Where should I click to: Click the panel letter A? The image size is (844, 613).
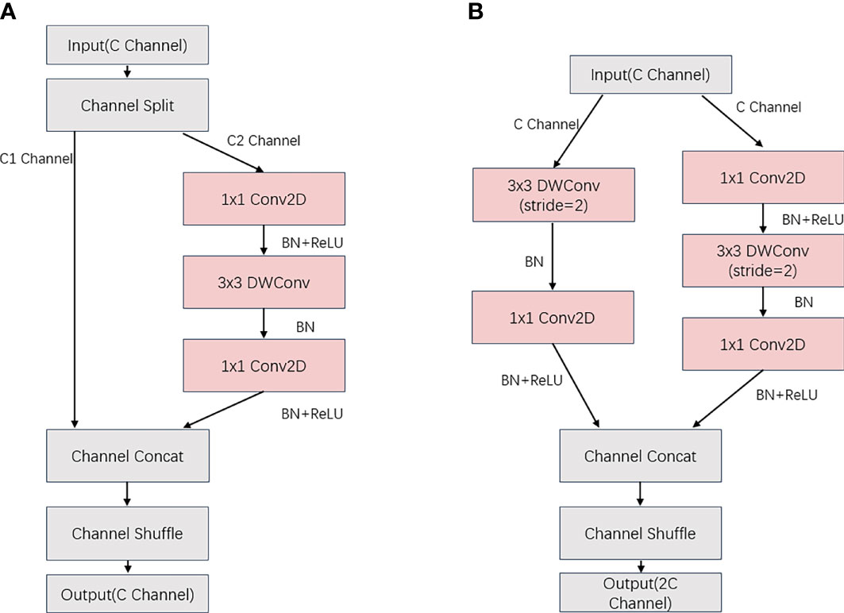click(8, 10)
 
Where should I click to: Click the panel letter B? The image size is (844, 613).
click(476, 11)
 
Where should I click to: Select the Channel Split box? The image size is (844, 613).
click(128, 105)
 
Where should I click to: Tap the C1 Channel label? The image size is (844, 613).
click(36, 159)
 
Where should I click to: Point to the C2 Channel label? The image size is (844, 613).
click(264, 141)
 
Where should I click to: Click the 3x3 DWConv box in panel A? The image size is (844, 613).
click(264, 282)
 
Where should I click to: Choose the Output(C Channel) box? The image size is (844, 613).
click(128, 594)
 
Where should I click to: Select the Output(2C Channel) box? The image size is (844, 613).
click(641, 592)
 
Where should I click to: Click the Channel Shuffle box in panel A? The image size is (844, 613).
click(128, 534)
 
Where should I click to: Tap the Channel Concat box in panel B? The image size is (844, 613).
click(641, 456)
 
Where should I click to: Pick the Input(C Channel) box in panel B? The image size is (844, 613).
click(651, 75)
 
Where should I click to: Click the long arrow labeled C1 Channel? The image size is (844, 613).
click(75, 280)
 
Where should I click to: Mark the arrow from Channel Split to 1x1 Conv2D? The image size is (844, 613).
click(223, 152)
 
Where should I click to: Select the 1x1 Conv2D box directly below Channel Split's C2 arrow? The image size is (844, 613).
click(264, 199)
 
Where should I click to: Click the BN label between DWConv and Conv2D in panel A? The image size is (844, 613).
click(305, 326)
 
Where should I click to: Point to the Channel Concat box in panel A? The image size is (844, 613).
click(128, 456)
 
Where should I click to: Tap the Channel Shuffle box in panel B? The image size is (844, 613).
click(641, 534)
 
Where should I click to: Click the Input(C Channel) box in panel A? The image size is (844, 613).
click(128, 45)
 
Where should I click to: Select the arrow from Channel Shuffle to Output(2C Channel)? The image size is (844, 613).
click(641, 566)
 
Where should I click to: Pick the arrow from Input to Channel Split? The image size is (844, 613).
click(128, 71)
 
